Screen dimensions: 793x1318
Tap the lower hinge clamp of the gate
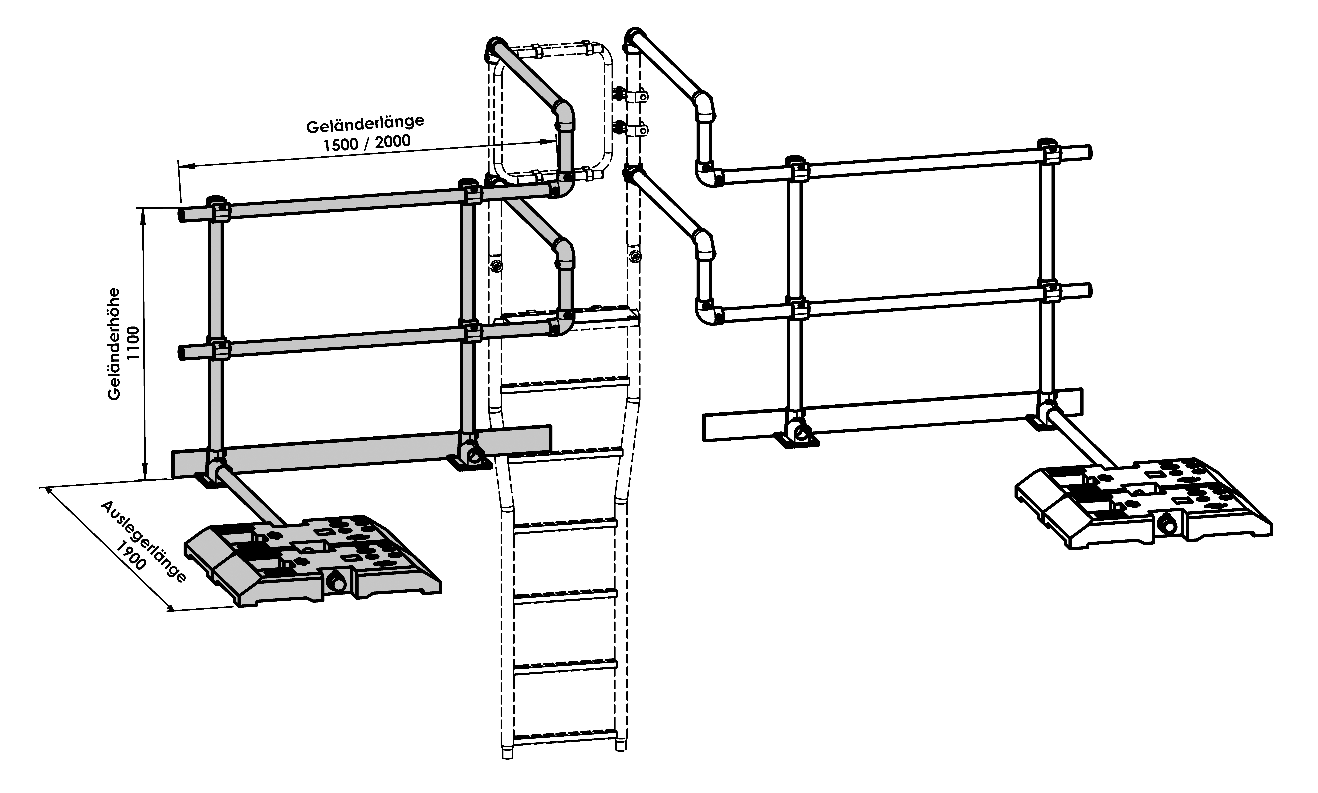[x=631, y=128]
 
